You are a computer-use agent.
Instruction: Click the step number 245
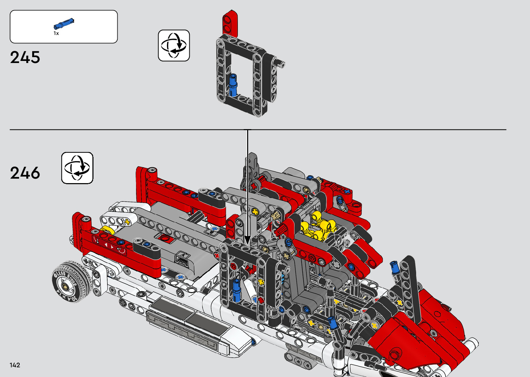point(25,57)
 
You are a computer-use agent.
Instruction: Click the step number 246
point(25,173)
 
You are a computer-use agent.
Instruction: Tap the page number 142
point(15,365)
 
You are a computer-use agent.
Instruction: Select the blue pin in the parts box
point(64,24)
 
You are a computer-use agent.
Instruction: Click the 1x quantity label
point(56,33)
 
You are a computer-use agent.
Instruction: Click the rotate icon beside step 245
point(174,45)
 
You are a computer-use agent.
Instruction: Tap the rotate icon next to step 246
point(77,168)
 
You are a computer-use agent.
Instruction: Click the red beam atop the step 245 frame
point(230,23)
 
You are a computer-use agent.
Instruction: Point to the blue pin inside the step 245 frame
point(233,85)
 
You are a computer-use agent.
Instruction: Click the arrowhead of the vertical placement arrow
point(248,240)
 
